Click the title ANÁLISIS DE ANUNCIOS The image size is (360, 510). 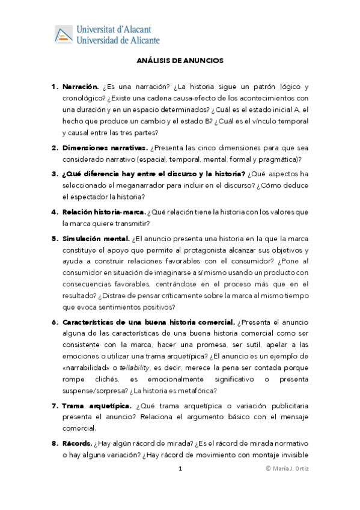click(x=180, y=61)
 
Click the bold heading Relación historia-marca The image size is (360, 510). click(x=103, y=212)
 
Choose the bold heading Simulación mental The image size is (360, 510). click(x=96, y=238)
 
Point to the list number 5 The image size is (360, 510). click(x=53, y=238)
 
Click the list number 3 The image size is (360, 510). click(x=53, y=174)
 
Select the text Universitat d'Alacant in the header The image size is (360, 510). click(x=114, y=29)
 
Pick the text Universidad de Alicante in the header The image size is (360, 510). click(x=118, y=40)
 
